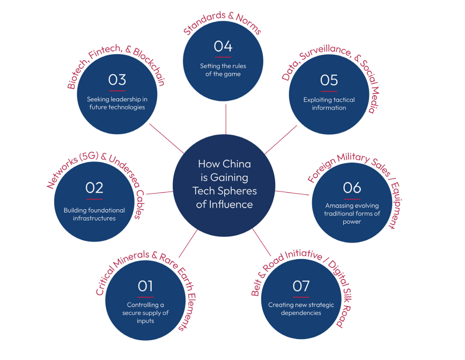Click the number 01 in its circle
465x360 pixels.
click(x=145, y=286)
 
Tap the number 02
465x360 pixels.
click(x=94, y=188)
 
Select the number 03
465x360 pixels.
click(x=117, y=80)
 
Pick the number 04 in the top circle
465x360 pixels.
click(x=223, y=46)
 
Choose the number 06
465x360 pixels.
click(x=352, y=188)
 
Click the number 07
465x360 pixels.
click(x=301, y=286)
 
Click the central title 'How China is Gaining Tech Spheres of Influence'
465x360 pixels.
click(x=225, y=184)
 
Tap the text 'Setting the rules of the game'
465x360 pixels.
click(x=223, y=70)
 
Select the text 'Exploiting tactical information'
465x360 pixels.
click(x=329, y=103)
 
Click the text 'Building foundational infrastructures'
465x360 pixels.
click(x=94, y=214)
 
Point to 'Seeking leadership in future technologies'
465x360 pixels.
click(x=117, y=103)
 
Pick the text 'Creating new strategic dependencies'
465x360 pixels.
click(x=301, y=308)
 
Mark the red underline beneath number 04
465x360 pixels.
click(x=223, y=57)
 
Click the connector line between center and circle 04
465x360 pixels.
click(x=226, y=119)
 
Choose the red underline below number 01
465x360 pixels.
click(x=145, y=297)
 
